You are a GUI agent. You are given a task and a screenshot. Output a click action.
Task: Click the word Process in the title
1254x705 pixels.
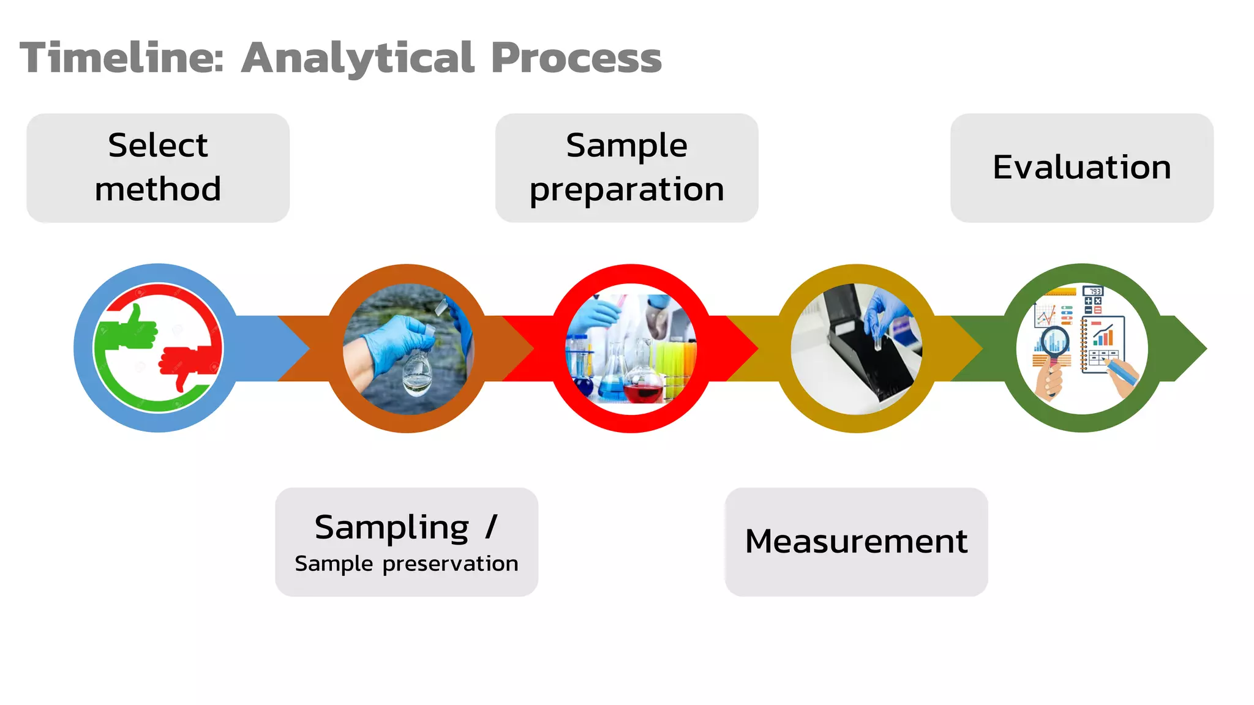click(576, 59)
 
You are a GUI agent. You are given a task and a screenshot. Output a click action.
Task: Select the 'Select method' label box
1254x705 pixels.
click(158, 168)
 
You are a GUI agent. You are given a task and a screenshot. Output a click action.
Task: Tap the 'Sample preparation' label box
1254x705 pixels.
click(626, 168)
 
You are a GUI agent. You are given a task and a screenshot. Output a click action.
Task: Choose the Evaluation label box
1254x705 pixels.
click(1081, 168)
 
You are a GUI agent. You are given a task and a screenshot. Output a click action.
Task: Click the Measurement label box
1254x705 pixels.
click(856, 542)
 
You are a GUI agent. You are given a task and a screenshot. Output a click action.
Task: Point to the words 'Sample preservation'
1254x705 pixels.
click(407, 564)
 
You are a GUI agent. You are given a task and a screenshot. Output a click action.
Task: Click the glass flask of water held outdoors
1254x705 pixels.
click(417, 373)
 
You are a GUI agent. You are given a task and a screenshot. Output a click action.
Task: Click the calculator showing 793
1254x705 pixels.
click(1093, 300)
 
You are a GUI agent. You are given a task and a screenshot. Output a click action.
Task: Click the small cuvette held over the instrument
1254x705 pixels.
click(879, 340)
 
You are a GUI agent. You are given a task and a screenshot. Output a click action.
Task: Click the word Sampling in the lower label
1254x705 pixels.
click(392, 528)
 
